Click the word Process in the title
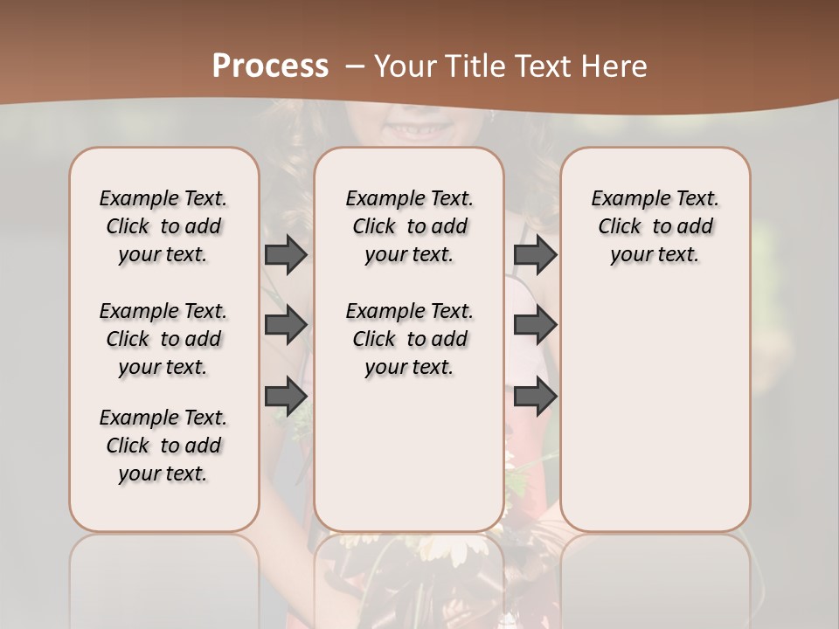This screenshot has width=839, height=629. [x=270, y=66]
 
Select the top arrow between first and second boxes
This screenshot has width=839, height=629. [x=286, y=254]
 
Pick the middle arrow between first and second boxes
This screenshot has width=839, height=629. [x=286, y=325]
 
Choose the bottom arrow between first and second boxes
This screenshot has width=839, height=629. [x=286, y=396]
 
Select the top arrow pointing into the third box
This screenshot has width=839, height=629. [x=535, y=254]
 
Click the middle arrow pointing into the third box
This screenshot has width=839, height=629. [x=535, y=325]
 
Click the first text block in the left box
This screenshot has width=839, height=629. [x=163, y=226]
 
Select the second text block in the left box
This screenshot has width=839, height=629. [x=163, y=339]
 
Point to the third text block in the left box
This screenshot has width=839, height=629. [x=163, y=446]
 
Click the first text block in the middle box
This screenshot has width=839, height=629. [x=409, y=226]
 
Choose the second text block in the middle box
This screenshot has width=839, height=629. [x=409, y=339]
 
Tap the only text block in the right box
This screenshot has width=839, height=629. [x=655, y=226]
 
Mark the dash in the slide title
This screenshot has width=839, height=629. [x=354, y=66]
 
